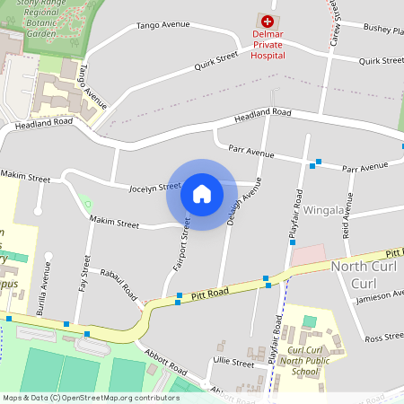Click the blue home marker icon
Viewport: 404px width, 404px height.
[202, 193]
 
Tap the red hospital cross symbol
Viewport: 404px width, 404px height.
[267, 20]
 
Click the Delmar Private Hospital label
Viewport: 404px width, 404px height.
[268, 45]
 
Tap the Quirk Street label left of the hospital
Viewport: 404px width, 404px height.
[216, 61]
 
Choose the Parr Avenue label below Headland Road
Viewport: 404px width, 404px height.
[251, 152]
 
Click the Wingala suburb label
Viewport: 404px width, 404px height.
[324, 210]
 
